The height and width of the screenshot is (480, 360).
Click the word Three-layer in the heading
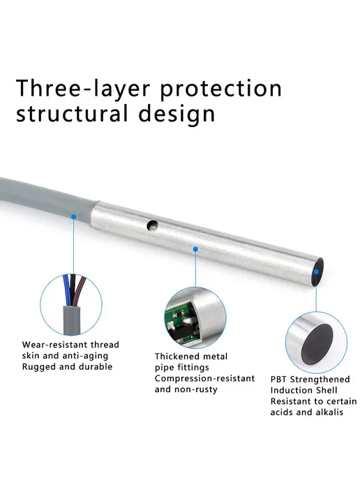coord(83,89)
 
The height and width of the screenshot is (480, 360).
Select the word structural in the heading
coord(72,114)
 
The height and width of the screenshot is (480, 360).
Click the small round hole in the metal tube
coord(152,225)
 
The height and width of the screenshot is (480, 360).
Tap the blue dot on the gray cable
coord(73,217)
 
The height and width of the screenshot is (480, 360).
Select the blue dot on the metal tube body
coord(195,250)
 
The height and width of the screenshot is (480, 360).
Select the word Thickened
coord(176,357)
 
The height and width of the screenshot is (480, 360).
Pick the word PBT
coord(278,380)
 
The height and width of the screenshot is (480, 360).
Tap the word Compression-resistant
coord(205,379)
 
